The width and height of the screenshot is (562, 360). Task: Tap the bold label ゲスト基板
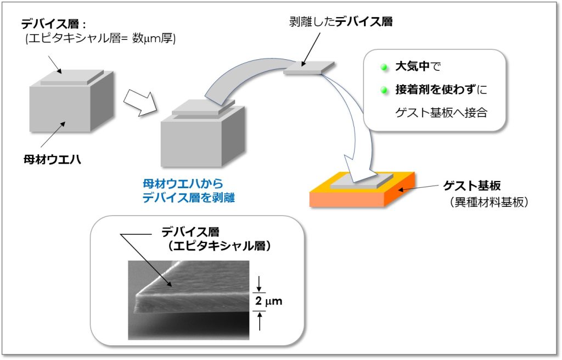point(472,185)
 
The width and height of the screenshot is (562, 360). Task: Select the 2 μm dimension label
point(269,301)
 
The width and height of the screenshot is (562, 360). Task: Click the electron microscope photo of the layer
point(189,299)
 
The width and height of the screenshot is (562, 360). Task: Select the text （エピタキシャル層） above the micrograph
point(220,246)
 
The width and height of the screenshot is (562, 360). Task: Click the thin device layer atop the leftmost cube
point(71,77)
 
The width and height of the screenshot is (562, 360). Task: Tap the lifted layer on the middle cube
point(203,107)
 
